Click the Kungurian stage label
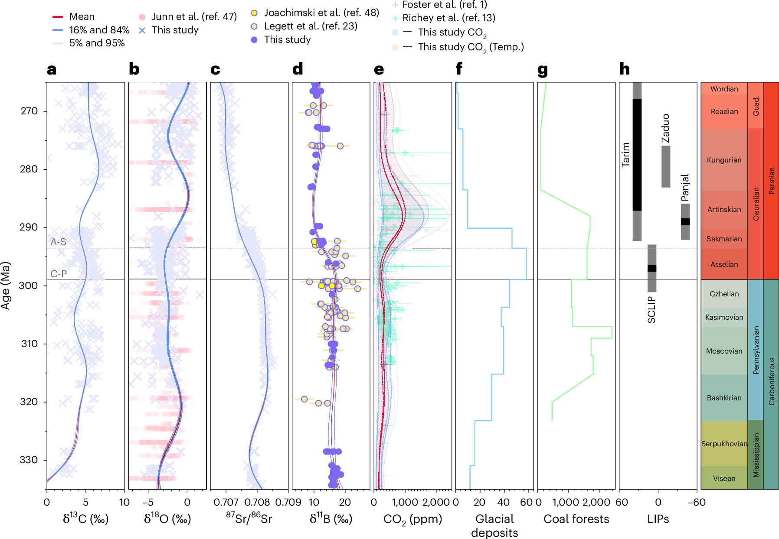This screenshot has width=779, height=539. [724, 160]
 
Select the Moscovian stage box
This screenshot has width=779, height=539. [724, 351]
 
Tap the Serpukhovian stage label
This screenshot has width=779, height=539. [724, 444]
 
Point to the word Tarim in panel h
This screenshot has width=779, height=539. [625, 155]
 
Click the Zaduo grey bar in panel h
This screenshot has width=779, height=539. [665, 166]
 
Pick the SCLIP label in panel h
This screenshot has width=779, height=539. [651, 310]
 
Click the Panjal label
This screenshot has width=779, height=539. [685, 188]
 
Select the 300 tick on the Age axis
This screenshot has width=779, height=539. [29, 286]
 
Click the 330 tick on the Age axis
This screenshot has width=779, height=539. [29, 460]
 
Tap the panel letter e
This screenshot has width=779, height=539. [379, 69]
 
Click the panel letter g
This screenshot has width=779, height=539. [542, 69]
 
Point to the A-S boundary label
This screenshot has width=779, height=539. [58, 242]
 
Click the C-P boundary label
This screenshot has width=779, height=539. [58, 274]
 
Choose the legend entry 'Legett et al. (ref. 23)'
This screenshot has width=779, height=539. [310, 26]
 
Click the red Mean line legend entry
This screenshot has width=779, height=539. [82, 17]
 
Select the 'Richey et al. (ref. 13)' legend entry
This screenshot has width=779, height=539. [448, 18]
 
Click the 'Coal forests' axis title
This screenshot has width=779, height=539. [576, 519]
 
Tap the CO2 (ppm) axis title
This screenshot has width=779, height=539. [412, 519]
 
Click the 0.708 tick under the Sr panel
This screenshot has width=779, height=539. [257, 503]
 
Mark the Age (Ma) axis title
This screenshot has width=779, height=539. [6, 285]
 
